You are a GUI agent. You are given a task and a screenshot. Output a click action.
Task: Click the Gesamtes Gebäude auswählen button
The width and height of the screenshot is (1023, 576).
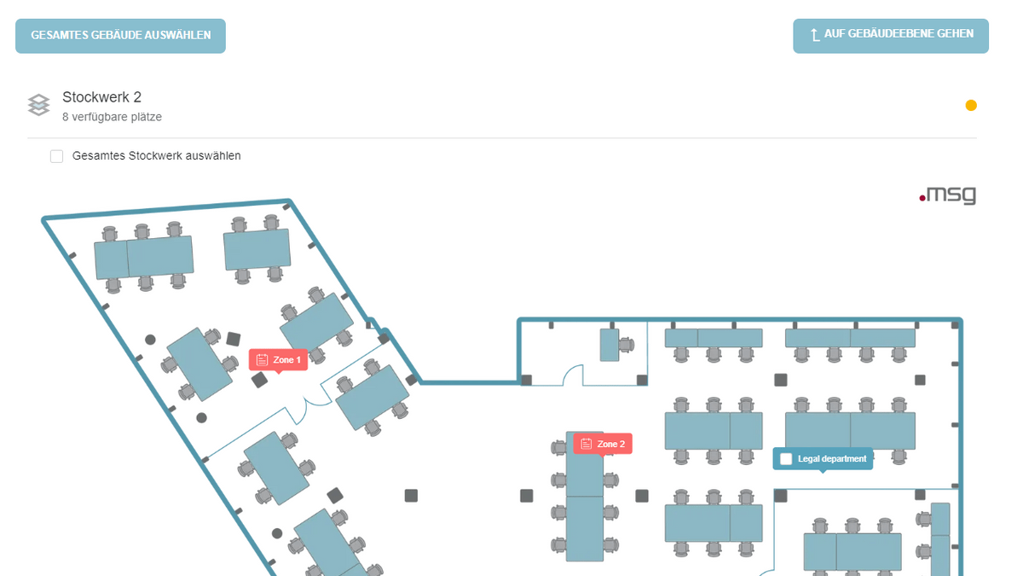(x=120, y=36)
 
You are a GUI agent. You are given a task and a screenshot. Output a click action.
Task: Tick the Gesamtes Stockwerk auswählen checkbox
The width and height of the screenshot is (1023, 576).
(x=57, y=156)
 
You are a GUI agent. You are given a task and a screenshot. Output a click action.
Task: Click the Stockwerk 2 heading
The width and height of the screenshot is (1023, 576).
(x=101, y=97)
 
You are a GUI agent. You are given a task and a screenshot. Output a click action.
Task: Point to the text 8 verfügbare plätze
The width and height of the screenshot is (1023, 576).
(x=112, y=117)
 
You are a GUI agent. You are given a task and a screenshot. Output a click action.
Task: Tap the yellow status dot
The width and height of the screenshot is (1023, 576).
(x=971, y=106)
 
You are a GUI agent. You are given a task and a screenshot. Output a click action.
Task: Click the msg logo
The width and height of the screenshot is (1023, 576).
(x=947, y=195)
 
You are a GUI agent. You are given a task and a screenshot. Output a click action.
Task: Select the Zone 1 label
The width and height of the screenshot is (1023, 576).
(x=286, y=360)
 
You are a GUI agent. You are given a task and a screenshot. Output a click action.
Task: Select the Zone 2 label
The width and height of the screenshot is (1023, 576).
(x=610, y=445)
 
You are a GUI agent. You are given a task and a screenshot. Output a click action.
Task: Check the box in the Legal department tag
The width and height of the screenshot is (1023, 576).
(x=786, y=459)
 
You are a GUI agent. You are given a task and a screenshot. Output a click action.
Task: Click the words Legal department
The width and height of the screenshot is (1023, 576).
(x=832, y=459)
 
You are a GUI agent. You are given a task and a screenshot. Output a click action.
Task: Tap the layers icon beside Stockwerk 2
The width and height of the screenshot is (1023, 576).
(x=38, y=105)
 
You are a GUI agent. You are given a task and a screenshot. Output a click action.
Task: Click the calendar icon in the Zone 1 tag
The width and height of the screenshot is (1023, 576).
(x=263, y=360)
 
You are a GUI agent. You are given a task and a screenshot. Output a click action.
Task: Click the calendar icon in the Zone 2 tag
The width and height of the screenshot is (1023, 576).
(x=586, y=445)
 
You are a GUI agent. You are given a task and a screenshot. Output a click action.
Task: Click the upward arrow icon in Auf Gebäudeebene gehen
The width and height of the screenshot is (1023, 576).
(x=815, y=35)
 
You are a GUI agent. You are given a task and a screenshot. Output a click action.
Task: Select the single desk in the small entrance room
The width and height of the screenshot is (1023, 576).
(x=609, y=345)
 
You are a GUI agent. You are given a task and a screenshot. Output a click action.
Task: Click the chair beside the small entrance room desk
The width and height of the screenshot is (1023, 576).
(x=627, y=345)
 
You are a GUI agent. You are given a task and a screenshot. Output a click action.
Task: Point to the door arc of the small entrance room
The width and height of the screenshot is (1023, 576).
(x=573, y=374)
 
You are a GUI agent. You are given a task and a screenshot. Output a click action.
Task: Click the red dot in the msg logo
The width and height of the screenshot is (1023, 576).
(x=922, y=199)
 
